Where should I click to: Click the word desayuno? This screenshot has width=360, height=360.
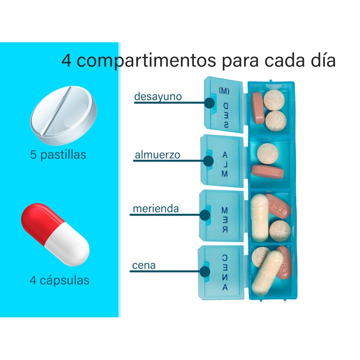click(157, 96)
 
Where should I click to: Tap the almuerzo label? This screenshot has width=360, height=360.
click(157, 155)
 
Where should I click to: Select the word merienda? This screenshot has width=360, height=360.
click(156, 209)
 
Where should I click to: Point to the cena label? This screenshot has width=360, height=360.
click(144, 265)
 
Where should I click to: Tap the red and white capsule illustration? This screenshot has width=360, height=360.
click(55, 234)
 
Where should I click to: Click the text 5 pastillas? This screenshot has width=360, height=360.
click(58, 155)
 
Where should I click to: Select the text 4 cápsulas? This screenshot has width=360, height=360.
click(59, 280)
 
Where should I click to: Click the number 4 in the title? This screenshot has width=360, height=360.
click(67, 61)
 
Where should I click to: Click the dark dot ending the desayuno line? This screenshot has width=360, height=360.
click(209, 103)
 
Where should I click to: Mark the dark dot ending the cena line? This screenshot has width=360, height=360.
click(205, 271)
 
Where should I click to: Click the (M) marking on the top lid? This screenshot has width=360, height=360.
click(224, 90)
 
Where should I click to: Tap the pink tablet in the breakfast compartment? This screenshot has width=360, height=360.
click(258, 108)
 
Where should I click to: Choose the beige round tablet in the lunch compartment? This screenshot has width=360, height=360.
click(268, 153)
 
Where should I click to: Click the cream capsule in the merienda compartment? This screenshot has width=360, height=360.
click(259, 218)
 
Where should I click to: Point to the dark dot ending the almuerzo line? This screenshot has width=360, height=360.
click(208, 160)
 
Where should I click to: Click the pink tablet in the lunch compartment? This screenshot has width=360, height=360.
click(268, 171)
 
